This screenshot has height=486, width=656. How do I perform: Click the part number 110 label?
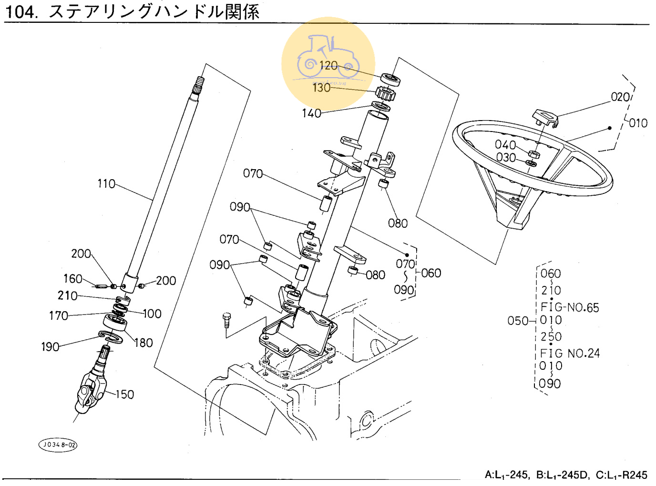click(106, 184)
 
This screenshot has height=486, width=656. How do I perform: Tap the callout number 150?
click(124, 395)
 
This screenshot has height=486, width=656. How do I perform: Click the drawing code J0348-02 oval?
click(58, 445)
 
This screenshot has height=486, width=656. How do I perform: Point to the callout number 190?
click(50, 347)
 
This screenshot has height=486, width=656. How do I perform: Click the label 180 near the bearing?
click(143, 343)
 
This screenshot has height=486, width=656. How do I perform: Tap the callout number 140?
click(311, 113)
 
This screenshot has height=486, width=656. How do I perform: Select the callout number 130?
click(321, 88)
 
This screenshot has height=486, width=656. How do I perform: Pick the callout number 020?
click(620, 97)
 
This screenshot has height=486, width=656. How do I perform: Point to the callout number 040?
click(505, 145)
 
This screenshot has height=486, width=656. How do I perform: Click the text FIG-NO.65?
click(570, 308)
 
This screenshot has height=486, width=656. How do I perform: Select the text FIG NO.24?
click(570, 354)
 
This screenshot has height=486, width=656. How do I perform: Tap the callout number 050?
click(517, 321)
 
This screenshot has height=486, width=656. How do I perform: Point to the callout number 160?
click(72, 279)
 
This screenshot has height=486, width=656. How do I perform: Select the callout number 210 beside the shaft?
click(67, 296)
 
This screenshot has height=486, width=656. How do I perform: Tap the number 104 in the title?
click(20, 11)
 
